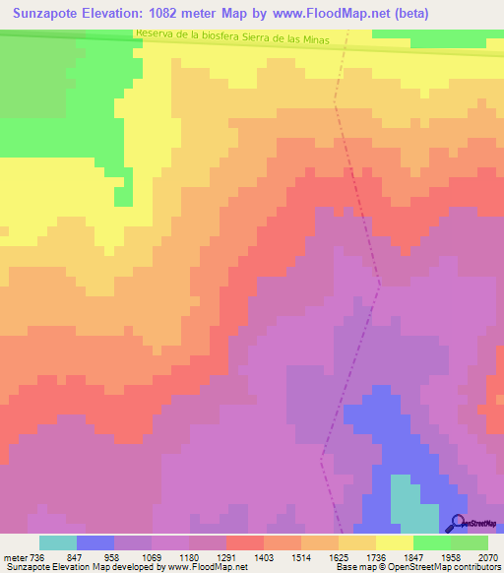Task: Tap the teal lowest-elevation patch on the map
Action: coord(413,502)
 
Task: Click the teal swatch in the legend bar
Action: coord(58,542)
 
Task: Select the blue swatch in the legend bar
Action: coord(95,542)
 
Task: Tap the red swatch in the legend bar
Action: coord(245,542)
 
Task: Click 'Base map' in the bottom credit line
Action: coord(355,567)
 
